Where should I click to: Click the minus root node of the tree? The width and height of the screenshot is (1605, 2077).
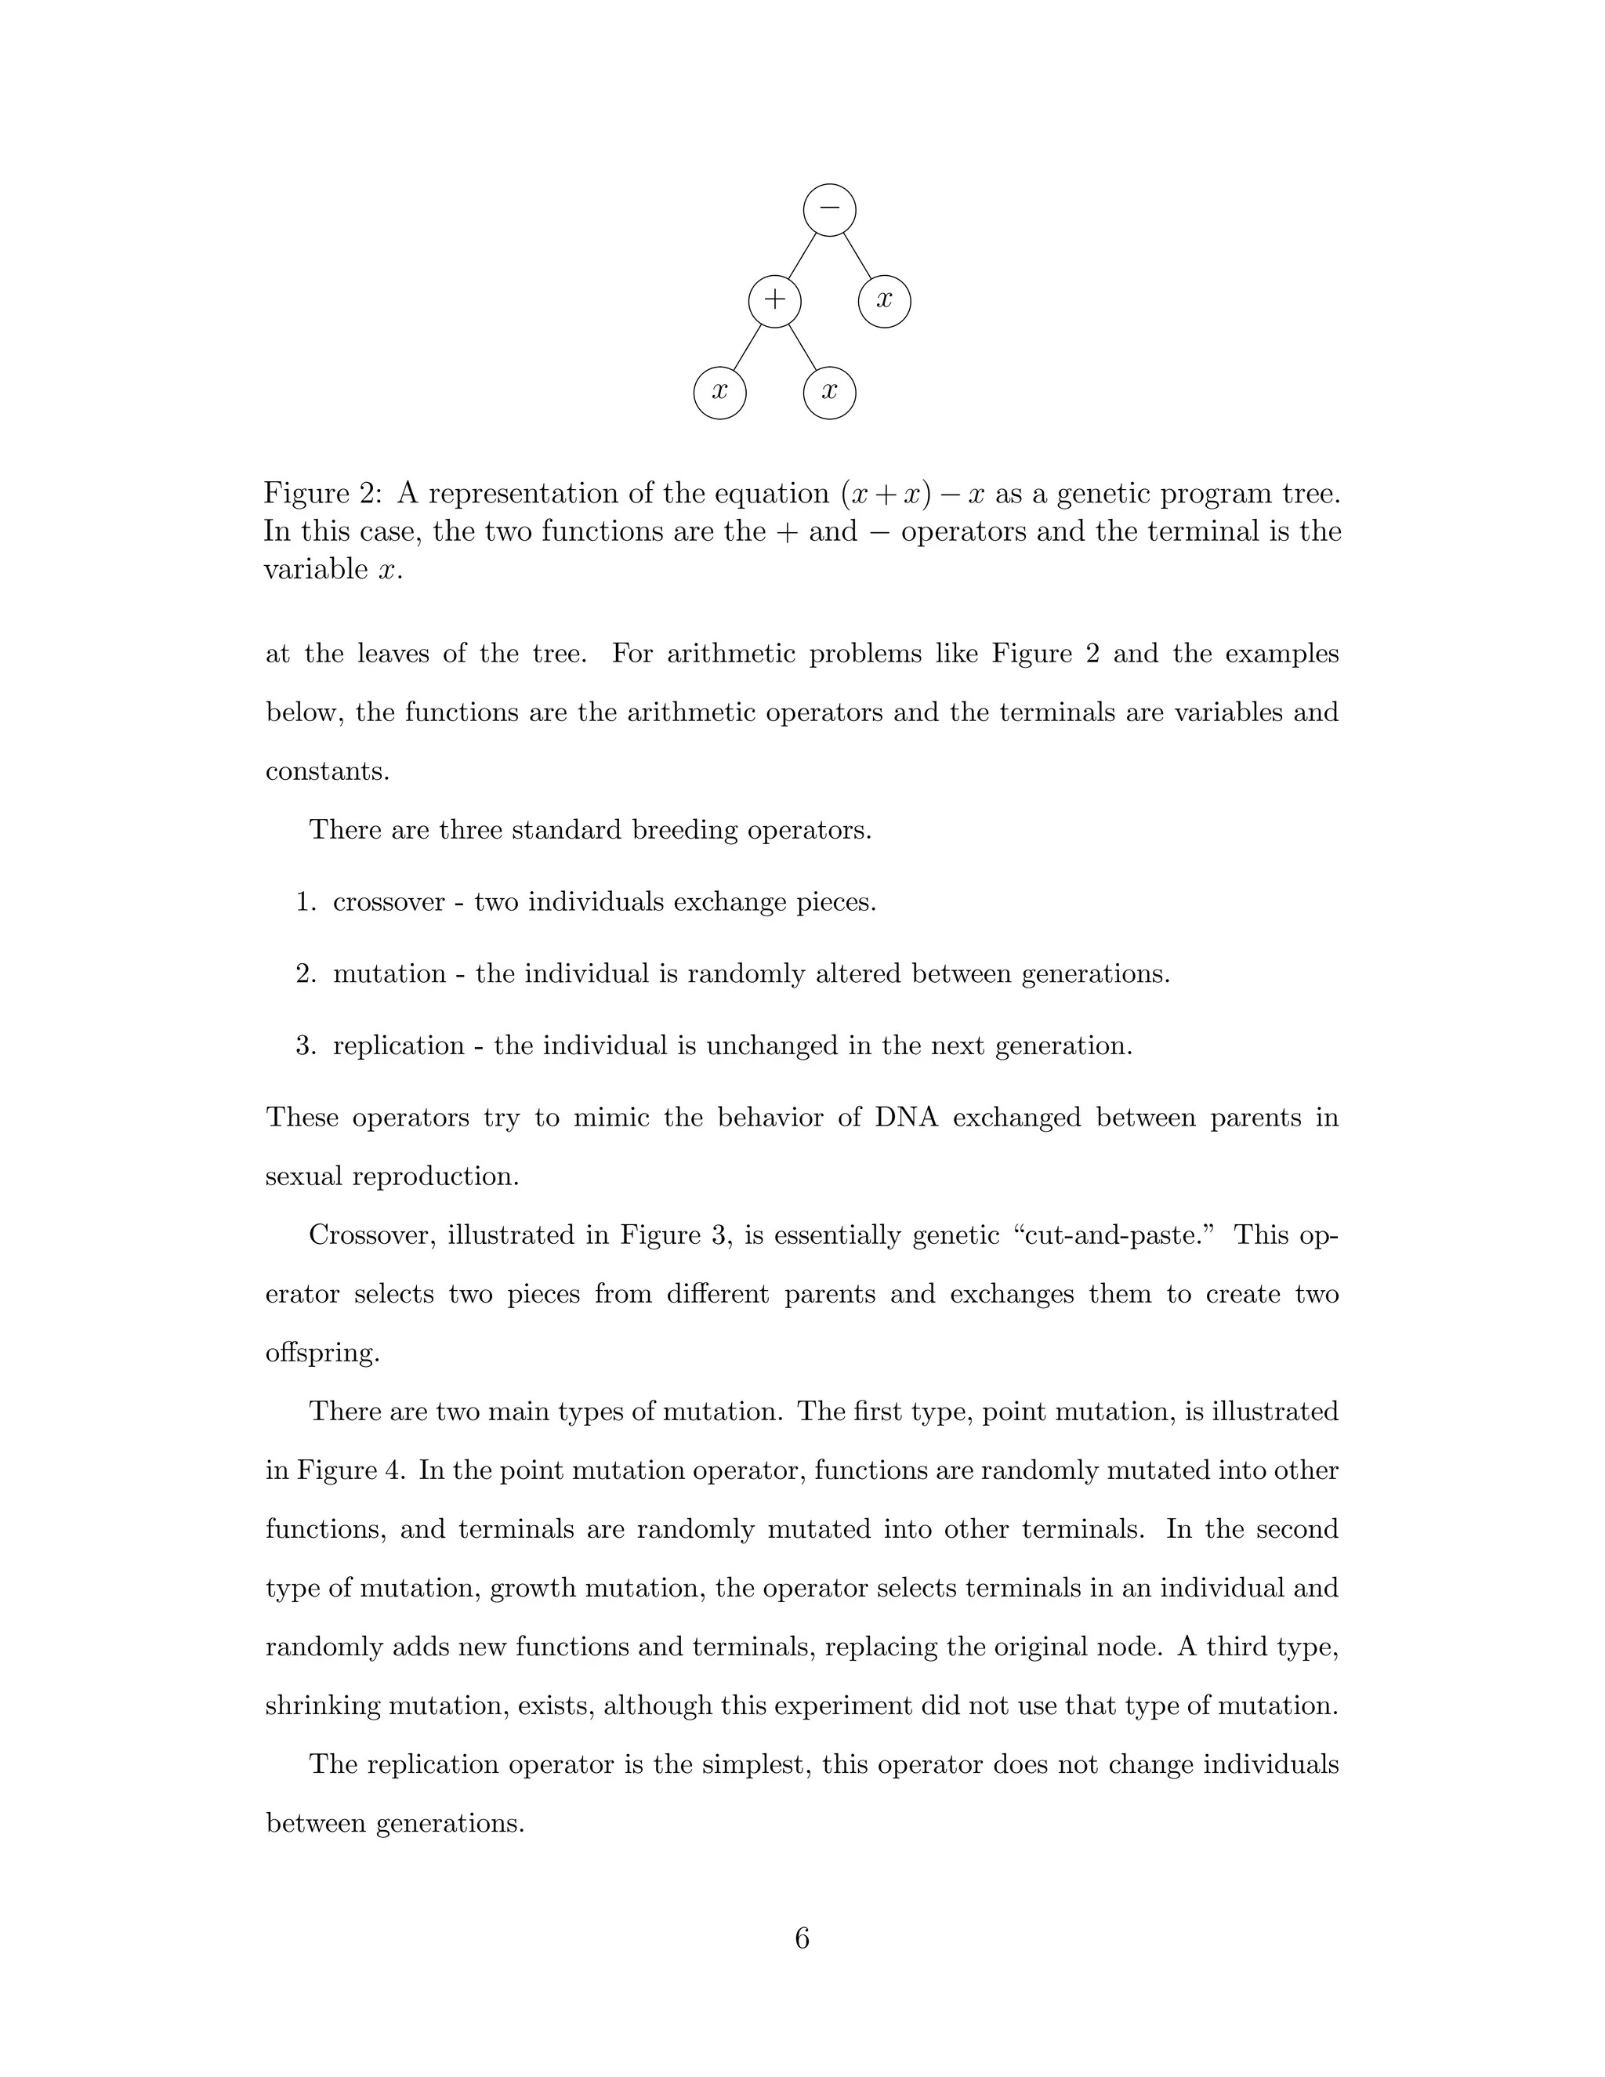[x=829, y=209]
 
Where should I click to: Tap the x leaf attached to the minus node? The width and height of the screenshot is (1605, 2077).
[x=884, y=300]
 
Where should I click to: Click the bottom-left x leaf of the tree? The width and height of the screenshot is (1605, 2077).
[x=719, y=392]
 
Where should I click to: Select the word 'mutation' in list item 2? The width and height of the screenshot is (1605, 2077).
[x=389, y=973]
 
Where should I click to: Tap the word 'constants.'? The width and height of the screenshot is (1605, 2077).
[x=327, y=771]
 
